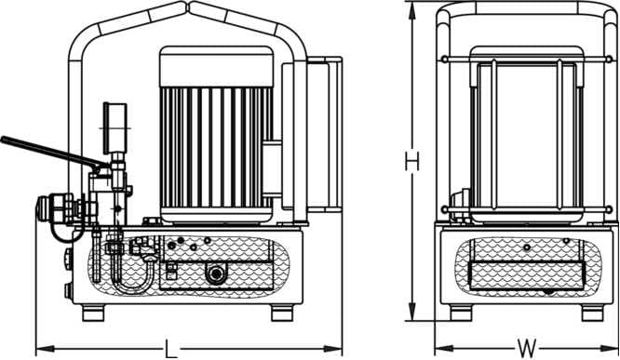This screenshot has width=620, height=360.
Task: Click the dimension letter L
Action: point(169,349)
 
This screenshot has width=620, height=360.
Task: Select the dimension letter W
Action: point(528,349)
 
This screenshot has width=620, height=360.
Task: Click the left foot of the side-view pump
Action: point(94,313)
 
